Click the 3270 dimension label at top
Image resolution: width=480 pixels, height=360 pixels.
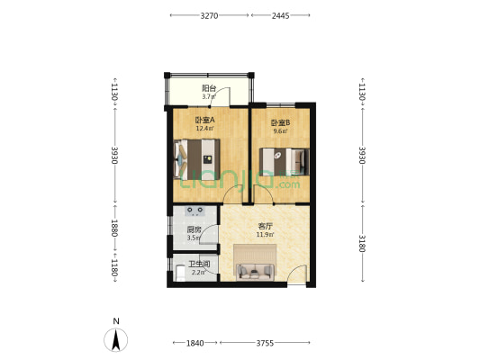click(209, 15)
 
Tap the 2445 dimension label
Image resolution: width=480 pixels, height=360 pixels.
click(280, 15)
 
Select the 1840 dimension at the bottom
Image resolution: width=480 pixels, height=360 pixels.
click(195, 343)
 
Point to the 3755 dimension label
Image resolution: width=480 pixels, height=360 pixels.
click(265, 343)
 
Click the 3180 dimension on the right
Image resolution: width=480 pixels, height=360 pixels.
click(362, 244)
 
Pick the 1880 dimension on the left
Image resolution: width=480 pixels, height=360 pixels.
click(114, 228)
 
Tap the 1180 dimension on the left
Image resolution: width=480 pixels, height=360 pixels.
click(114, 267)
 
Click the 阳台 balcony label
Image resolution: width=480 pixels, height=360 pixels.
click(209, 88)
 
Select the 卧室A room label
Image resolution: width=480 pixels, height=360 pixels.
click(204, 120)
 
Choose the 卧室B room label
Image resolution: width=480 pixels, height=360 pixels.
click(280, 123)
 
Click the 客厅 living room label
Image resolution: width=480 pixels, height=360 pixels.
click(265, 226)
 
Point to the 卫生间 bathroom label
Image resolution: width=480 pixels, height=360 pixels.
click(199, 264)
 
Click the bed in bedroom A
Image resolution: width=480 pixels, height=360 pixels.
click(196, 159)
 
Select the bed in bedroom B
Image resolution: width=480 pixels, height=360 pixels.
click(284, 161)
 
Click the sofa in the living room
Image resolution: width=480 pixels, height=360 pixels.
click(255, 271)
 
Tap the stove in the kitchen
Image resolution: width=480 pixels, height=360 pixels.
click(195, 211)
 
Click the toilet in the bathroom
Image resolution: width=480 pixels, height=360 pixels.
click(180, 273)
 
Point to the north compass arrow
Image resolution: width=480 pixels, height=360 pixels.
click(115, 340)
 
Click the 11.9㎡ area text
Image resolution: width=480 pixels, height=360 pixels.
click(265, 235)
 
